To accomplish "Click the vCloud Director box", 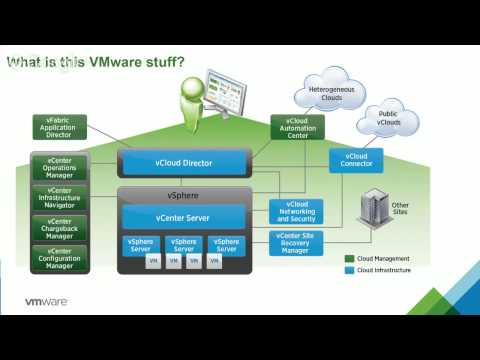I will pos(183,162).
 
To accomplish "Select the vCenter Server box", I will pos(183,217).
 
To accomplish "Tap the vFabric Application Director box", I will pos(59,127).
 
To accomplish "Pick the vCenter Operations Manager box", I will pos(59,167).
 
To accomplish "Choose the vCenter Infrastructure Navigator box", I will pos(59,198).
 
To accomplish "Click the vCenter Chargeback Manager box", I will pos(59,228).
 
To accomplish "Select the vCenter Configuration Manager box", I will pos(59,258).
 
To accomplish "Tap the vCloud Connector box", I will pos(355,160).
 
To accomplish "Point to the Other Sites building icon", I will pos(373,207).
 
